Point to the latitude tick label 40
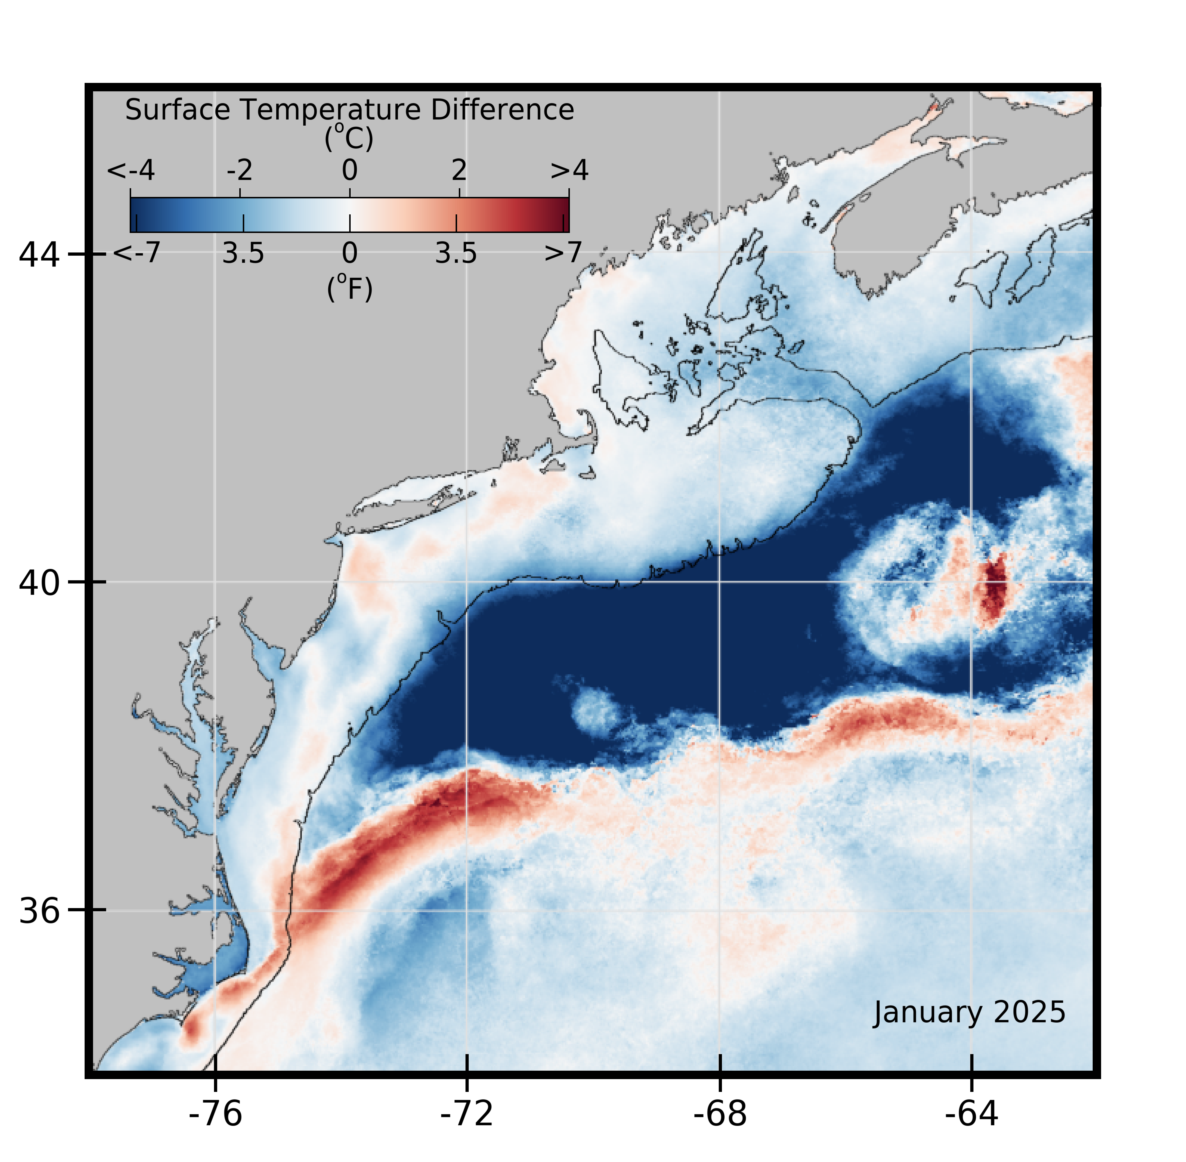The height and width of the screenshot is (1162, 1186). [39, 583]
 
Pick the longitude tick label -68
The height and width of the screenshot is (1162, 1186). [720, 1114]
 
